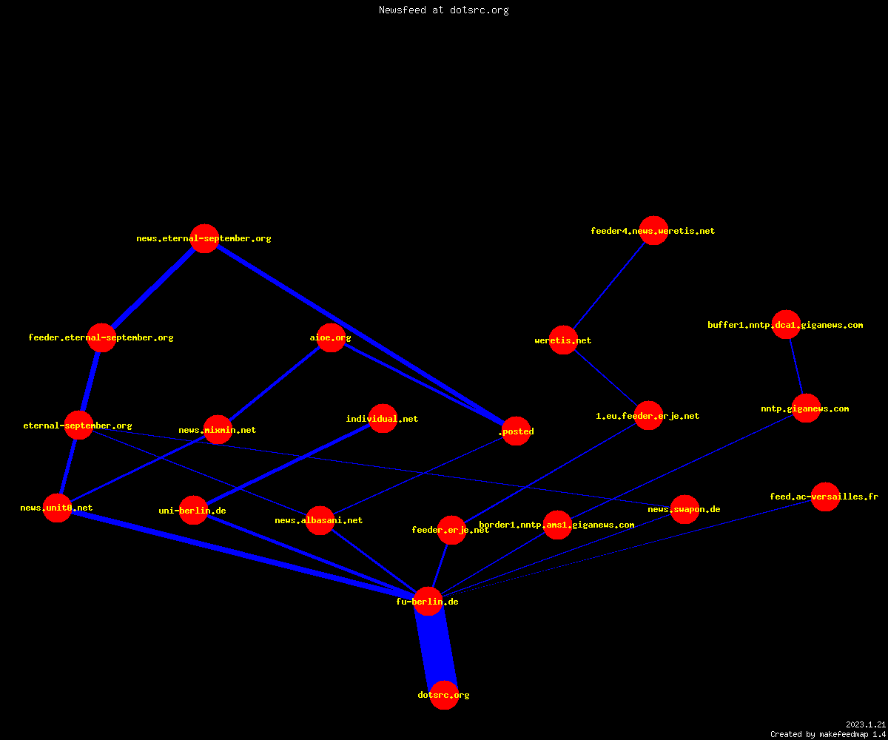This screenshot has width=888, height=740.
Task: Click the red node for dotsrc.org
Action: point(444,695)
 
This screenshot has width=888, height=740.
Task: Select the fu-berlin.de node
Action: point(428,602)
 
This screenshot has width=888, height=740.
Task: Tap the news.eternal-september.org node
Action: point(204,238)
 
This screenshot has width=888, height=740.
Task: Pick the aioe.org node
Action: point(331,337)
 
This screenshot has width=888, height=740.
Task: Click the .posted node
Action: point(516,431)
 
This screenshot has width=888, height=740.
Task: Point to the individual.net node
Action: point(383,419)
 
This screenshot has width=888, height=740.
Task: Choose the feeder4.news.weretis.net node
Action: point(653,230)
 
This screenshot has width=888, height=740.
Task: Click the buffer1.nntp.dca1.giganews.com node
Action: point(786,325)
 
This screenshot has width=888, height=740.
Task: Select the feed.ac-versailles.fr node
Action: point(825,497)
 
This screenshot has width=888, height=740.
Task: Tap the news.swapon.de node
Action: point(684,510)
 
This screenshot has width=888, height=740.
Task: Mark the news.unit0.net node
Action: point(57,508)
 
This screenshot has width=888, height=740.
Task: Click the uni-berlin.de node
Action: point(193,511)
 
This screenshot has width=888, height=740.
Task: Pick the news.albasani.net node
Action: point(320,520)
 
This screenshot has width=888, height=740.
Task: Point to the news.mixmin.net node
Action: point(218,429)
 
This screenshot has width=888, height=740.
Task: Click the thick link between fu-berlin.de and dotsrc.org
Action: point(436,648)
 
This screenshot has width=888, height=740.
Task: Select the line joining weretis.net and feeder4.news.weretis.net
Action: point(608,286)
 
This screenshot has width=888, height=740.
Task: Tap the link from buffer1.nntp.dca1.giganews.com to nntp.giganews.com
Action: point(796,366)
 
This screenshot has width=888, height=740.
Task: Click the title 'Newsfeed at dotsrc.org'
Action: point(443,10)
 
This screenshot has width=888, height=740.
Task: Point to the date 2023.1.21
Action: point(866,724)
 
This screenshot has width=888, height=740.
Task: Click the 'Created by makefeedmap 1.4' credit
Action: point(828,734)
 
